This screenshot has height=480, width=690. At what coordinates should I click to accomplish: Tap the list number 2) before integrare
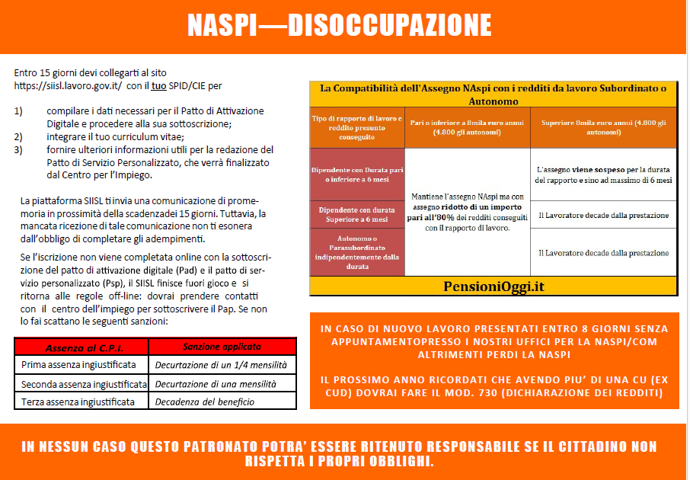[x=19, y=136]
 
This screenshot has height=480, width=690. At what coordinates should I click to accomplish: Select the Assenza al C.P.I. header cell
[x=79, y=347]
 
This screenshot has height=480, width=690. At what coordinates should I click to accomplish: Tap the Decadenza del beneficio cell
[x=205, y=402]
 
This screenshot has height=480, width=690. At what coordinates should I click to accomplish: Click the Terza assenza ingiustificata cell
[x=78, y=402]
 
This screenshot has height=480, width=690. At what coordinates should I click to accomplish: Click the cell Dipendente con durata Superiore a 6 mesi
[x=357, y=213]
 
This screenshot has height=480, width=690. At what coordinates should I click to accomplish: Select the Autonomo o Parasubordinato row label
[x=357, y=251]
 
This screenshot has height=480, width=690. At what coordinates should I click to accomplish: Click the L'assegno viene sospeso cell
[x=602, y=174]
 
